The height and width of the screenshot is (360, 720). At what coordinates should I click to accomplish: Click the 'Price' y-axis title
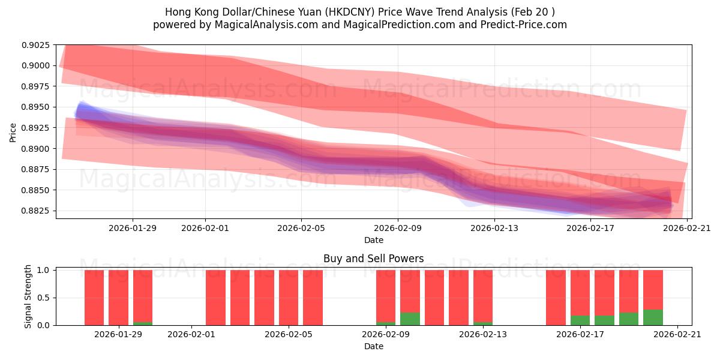coord(13,132)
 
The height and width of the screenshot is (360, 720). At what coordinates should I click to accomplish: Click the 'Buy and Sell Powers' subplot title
coord(373,259)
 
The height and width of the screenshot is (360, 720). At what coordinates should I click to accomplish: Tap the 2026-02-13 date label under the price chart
coord(494,228)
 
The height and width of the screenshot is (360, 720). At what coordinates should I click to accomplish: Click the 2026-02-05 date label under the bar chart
coord(289,335)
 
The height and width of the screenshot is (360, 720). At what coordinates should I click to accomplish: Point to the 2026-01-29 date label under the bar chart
coord(118,335)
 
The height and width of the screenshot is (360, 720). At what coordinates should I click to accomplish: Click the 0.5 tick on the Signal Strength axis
coord(43,298)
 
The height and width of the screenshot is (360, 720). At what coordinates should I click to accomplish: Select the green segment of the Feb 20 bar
coord(653,317)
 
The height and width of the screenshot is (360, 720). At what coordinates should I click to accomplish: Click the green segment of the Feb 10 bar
coord(410,319)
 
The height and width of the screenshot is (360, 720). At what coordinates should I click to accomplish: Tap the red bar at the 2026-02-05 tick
coord(289,297)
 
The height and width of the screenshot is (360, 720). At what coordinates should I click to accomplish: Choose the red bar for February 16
coord(556,297)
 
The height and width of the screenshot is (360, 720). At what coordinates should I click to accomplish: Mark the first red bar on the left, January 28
coord(94,297)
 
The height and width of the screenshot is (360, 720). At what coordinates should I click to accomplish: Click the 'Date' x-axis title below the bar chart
coord(373,346)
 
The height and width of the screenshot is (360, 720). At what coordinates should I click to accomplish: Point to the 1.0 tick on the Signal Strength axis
coord(43,270)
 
